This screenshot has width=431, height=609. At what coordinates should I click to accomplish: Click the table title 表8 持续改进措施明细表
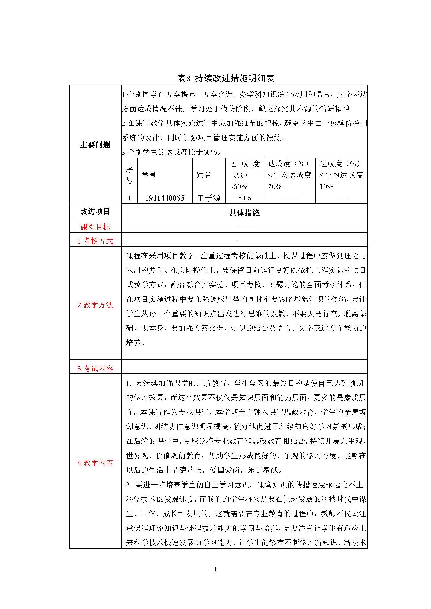tap(226, 78)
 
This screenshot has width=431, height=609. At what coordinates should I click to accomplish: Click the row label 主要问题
tap(95, 145)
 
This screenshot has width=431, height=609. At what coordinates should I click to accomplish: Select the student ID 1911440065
tap(164, 198)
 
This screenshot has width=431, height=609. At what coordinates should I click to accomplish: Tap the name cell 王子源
tap(209, 198)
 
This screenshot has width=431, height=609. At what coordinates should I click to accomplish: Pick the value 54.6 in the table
tap(244, 198)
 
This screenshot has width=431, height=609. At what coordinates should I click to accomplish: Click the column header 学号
tap(149, 175)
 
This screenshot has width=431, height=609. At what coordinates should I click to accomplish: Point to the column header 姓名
tap(204, 175)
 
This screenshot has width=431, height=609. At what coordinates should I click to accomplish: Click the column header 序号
tap(129, 175)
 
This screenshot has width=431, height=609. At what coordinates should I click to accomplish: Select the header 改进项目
tap(95, 211)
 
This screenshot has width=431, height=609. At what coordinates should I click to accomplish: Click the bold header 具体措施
tap(244, 213)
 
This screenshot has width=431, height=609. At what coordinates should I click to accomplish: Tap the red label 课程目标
tap(95, 227)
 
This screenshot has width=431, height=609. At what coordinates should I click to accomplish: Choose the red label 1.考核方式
tap(95, 241)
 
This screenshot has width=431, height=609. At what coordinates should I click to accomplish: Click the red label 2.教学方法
tap(95, 305)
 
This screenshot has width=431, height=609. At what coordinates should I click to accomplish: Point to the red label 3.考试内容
tap(95, 368)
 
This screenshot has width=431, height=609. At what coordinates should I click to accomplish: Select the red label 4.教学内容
tap(95, 463)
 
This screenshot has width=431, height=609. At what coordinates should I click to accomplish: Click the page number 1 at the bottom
tap(215, 569)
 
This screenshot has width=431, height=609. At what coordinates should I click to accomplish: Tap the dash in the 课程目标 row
tap(244, 226)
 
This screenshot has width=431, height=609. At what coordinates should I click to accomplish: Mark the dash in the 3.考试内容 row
tap(244, 368)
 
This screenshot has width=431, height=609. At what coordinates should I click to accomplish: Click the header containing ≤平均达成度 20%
tap(290, 175)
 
